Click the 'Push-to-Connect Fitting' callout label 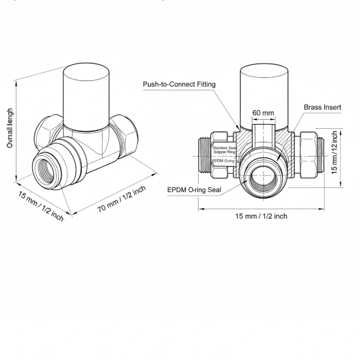pyautogui.click(x=179, y=85)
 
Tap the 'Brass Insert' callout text pyautogui.click(x=322, y=107)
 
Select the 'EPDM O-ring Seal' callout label pyautogui.click(x=195, y=190)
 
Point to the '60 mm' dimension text pyautogui.click(x=263, y=113)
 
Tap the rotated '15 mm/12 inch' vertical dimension pyautogui.click(x=334, y=153)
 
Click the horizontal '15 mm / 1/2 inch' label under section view pyautogui.click(x=261, y=216)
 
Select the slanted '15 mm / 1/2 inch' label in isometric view pyautogui.click(x=40, y=206)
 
